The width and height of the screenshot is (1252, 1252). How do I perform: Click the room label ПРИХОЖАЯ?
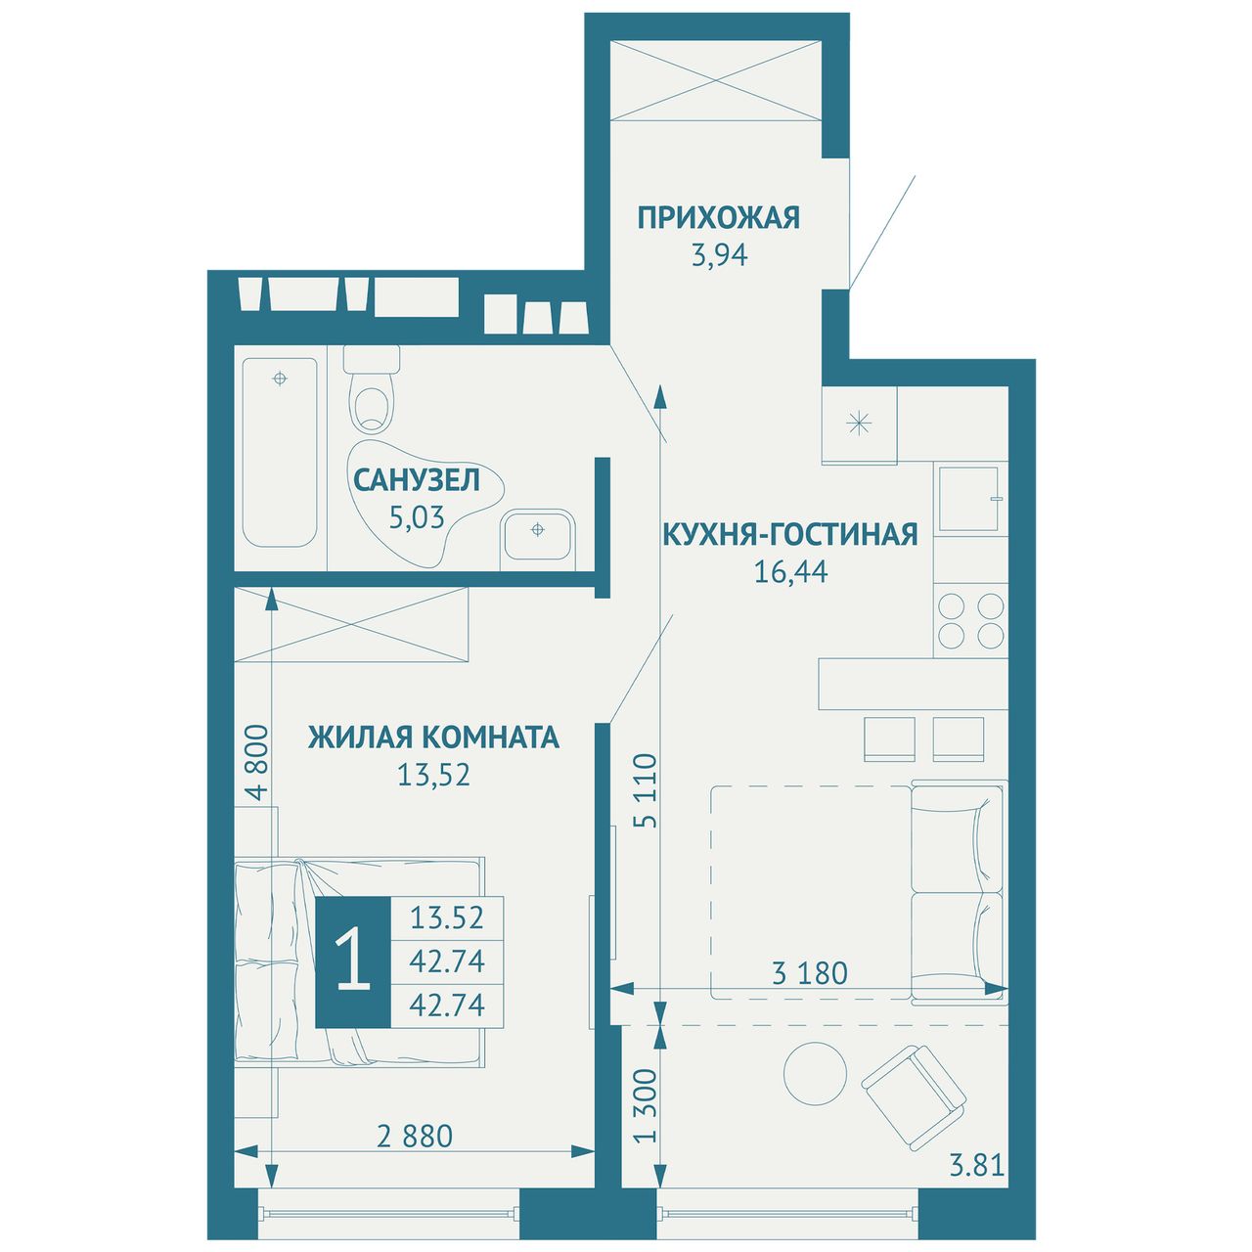coord(718,218)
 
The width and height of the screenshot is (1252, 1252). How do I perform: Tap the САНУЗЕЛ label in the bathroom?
coord(417,480)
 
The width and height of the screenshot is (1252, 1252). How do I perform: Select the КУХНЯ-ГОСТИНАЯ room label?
coord(790,534)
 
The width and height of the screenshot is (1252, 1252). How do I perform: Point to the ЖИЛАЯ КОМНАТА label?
coord(433,738)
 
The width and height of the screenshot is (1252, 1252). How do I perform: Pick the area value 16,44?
coord(790,572)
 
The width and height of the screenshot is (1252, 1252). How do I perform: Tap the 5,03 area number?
coord(417,517)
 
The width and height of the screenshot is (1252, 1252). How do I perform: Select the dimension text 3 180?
coord(810,973)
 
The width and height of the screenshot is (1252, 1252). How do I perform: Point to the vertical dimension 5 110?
coord(647,790)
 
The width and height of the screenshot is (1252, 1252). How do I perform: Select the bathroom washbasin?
coord(537,535)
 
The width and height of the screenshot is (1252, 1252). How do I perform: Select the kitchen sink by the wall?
coord(971,498)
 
